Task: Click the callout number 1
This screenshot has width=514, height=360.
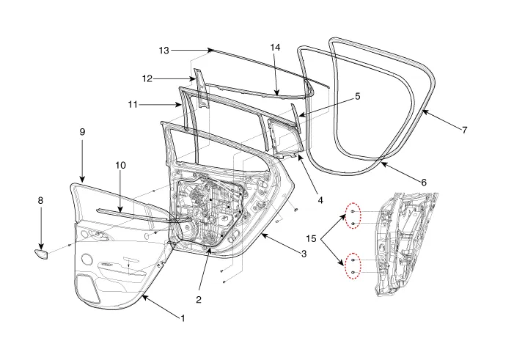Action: tap(183, 318)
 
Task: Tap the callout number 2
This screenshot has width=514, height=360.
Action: tap(199, 299)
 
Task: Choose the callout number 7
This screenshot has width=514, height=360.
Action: tap(464, 130)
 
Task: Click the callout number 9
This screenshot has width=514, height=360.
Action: tap(82, 131)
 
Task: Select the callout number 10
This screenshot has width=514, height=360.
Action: tap(120, 165)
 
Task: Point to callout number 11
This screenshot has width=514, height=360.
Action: tap(133, 105)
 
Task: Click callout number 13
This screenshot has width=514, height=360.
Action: tap(164, 50)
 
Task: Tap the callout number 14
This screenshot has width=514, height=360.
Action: tap(276, 47)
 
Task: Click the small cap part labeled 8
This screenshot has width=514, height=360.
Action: tap(41, 254)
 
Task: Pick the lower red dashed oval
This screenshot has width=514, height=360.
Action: tap(353, 266)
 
